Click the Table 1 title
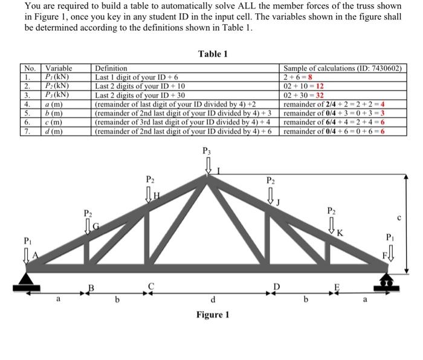(212, 54)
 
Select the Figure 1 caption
(212, 315)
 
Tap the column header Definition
(111, 69)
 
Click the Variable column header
(59, 69)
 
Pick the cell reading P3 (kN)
(57, 94)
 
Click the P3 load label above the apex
(207, 151)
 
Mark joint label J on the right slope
(279, 202)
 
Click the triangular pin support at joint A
(27, 278)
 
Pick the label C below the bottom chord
(152, 285)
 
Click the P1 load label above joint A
(28, 240)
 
